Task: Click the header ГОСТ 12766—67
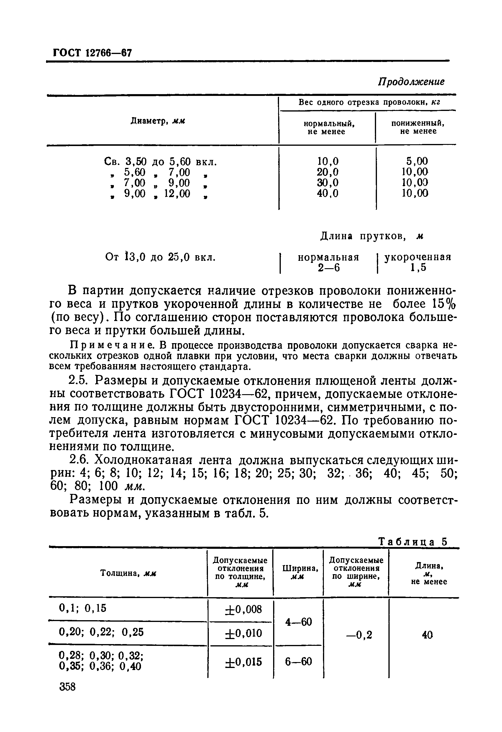(x=92, y=53)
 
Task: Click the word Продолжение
(x=411, y=81)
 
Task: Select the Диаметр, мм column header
(x=158, y=121)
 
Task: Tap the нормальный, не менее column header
(x=326, y=127)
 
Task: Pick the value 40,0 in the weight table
(x=327, y=193)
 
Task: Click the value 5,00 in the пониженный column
(x=417, y=161)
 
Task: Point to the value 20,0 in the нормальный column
(x=327, y=172)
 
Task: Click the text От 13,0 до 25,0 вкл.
(x=160, y=257)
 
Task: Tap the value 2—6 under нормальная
(x=329, y=267)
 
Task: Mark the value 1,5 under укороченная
(x=418, y=267)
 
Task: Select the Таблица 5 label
(x=413, y=541)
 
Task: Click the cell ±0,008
(x=243, y=609)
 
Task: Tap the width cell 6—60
(x=298, y=661)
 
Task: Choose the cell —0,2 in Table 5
(x=359, y=635)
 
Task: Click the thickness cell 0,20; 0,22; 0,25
(x=101, y=632)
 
